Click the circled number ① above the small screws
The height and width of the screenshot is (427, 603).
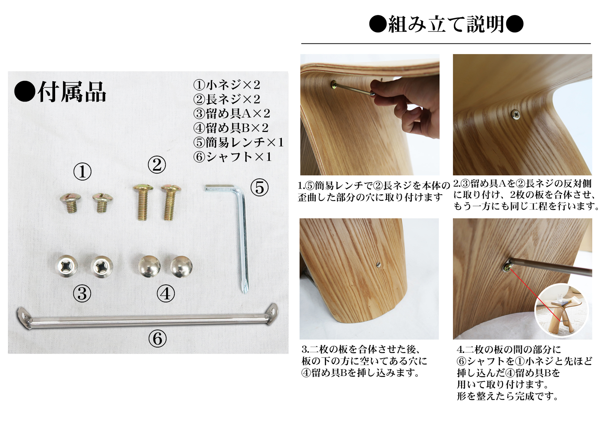coord(82,171)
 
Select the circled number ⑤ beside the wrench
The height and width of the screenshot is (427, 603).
coord(259,188)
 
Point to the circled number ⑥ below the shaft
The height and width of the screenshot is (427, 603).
coord(157,339)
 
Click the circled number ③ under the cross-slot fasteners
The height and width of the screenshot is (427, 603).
coord(82,294)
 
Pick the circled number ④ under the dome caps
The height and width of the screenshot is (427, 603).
coord(166,294)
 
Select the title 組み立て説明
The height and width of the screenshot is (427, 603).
coord(446,24)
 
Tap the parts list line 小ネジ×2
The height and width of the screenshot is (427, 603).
coord(227,85)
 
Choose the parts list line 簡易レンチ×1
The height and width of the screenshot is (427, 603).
coord(238,142)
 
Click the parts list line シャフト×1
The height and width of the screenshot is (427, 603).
coord(233,157)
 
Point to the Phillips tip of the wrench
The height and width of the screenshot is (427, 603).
coord(245,289)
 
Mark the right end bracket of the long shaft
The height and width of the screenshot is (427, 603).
coord(272,312)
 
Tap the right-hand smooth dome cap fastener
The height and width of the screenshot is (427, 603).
coord(181,266)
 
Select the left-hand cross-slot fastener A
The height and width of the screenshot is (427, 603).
coord(66,266)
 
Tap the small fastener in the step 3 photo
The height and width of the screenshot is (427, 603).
coord(379,264)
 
